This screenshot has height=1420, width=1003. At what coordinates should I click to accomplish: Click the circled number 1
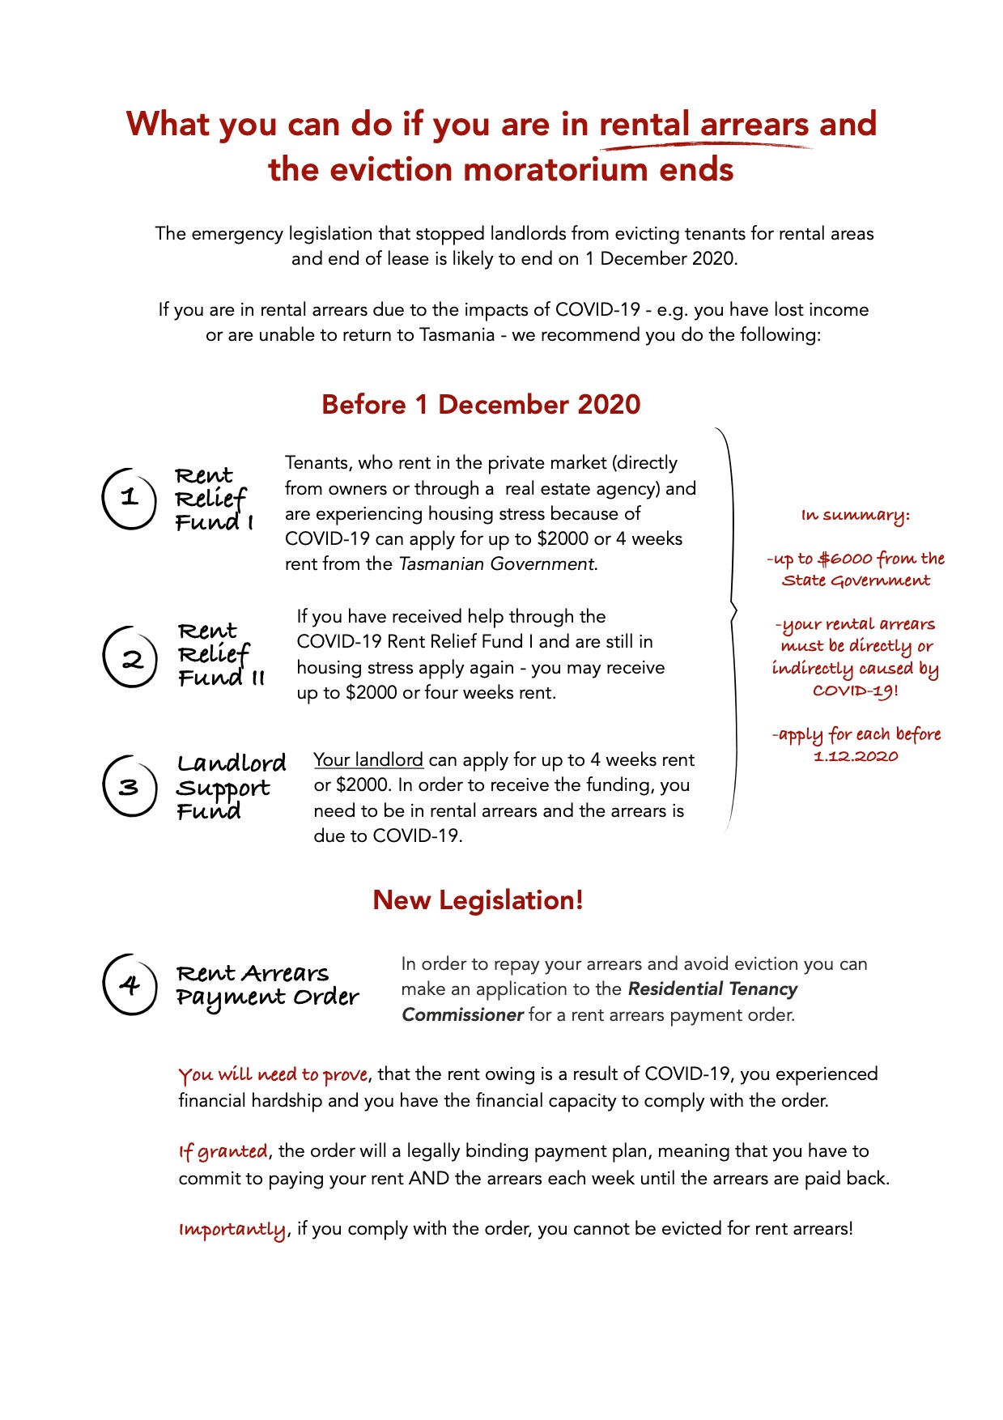[129, 498]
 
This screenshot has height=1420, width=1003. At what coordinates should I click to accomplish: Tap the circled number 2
[130, 657]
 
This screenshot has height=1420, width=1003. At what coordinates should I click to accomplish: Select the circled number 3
[130, 786]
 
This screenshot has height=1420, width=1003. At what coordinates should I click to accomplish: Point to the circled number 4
[130, 984]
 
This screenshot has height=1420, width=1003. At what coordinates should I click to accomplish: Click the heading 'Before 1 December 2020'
[481, 404]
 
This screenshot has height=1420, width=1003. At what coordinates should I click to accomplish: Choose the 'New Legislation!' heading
[478, 900]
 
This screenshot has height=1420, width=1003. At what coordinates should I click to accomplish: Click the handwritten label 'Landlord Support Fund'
[230, 786]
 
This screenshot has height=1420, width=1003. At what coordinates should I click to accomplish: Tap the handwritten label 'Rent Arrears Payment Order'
[266, 985]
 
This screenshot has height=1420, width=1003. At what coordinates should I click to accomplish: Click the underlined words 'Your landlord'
[368, 760]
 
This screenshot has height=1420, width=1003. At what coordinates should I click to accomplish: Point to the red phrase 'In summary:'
[855, 516]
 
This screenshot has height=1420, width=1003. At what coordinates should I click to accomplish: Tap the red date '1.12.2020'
[856, 756]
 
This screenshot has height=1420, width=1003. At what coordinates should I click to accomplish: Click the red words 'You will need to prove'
[274, 1075]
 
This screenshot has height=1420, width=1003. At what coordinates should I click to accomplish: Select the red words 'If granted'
[223, 1151]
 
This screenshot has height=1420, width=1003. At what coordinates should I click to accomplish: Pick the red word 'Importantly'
[232, 1229]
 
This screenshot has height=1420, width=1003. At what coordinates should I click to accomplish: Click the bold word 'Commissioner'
[462, 1015]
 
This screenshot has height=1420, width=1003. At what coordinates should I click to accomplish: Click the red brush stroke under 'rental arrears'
[704, 147]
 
